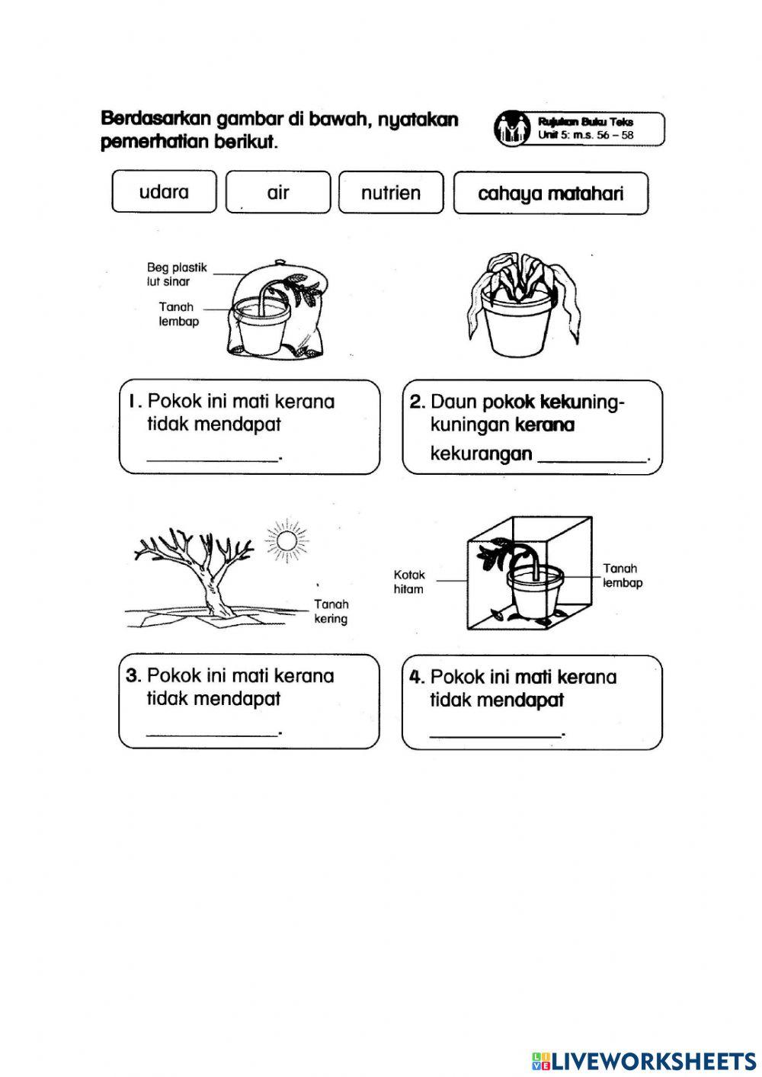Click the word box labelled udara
(x=164, y=192)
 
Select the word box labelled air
(x=278, y=192)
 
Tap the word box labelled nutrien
(x=391, y=193)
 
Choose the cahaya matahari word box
(x=550, y=194)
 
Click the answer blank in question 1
(x=213, y=455)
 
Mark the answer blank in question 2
(x=592, y=455)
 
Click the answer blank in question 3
(x=213, y=729)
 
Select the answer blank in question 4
(x=496, y=731)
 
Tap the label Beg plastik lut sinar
(x=176, y=274)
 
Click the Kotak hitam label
(x=409, y=582)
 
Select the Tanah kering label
(x=331, y=611)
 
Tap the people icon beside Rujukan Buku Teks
(x=511, y=128)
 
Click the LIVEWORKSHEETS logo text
(x=653, y=1060)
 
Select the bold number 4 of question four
(x=415, y=677)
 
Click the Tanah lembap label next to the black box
(x=622, y=575)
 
